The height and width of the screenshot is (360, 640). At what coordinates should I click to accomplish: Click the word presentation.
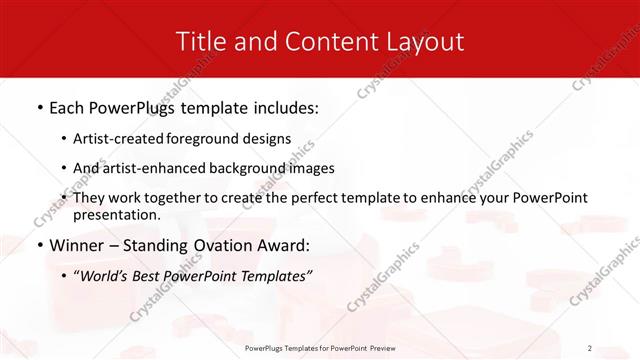coord(117,214)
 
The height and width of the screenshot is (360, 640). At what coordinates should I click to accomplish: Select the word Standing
coord(166,244)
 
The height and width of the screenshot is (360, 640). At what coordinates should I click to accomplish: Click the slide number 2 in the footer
coord(590,348)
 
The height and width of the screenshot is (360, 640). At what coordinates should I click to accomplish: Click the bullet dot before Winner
coord(39,245)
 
